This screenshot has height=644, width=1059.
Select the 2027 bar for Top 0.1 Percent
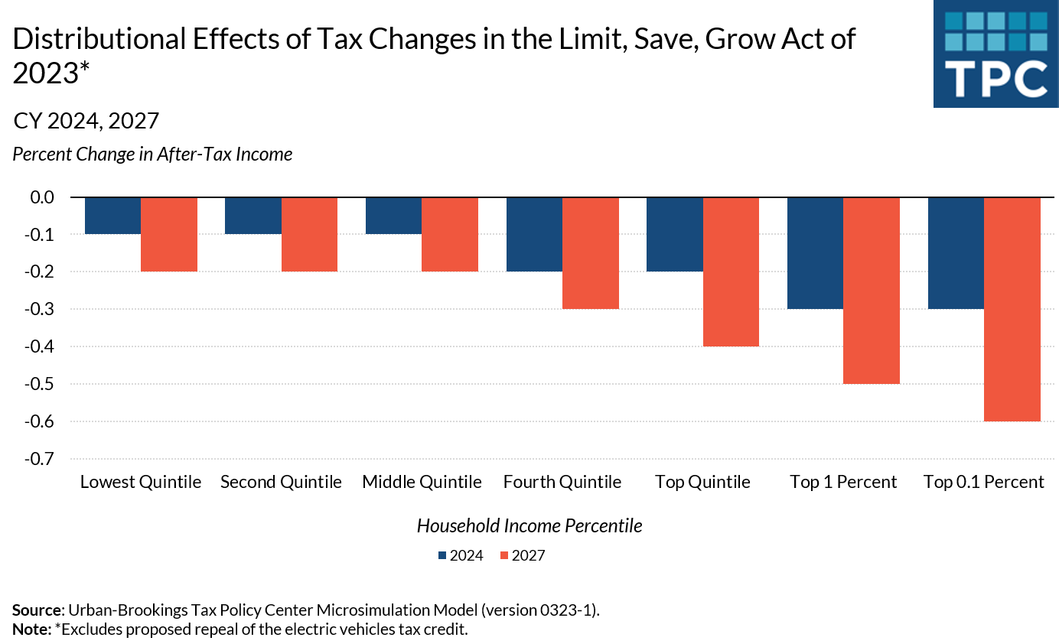pos(1012,309)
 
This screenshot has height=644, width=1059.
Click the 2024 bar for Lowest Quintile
pos(112,216)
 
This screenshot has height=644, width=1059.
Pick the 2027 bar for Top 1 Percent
pos(871,291)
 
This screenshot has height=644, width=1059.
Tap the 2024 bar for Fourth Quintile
pos(534,234)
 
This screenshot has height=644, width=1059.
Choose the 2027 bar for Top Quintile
pos(731,272)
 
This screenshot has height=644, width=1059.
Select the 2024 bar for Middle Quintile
pos(393,216)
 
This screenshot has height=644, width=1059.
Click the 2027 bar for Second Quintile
pos(309,234)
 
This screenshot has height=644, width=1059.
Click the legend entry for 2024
pos(461,555)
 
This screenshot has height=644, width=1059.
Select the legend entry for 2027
pos(522,555)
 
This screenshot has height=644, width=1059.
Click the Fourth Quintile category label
pos(562,482)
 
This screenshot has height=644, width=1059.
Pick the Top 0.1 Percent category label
pos(983,482)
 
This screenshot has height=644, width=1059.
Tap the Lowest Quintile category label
pos(141,482)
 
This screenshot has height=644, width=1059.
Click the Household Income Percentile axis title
pos(529,525)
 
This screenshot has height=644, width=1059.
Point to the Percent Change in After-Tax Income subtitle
pos(152,154)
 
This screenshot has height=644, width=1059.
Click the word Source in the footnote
pos(37,610)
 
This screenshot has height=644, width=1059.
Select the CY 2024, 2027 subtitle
pos(86,120)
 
